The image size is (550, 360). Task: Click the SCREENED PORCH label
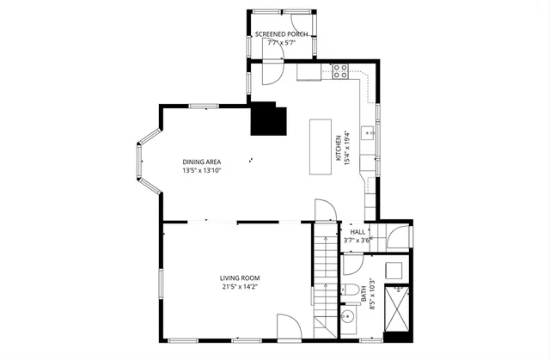pyautogui.click(x=283, y=34)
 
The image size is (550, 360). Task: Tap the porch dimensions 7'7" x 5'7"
pyautogui.click(x=283, y=43)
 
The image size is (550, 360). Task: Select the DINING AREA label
pyautogui.click(x=204, y=162)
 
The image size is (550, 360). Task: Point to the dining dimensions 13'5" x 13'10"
pyautogui.click(x=204, y=171)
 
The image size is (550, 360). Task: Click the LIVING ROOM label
pyautogui.click(x=239, y=278)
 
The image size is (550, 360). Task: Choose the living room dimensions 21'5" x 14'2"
pyautogui.click(x=239, y=287)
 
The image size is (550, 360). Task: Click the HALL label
pyautogui.click(x=357, y=232)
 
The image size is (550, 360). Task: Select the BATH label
pyautogui.click(x=364, y=296)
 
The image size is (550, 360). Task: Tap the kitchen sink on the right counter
pyautogui.click(x=367, y=134)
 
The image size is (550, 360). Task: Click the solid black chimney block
pyautogui.click(x=267, y=120)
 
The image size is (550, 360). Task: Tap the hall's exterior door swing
pyautogui.click(x=396, y=235)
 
